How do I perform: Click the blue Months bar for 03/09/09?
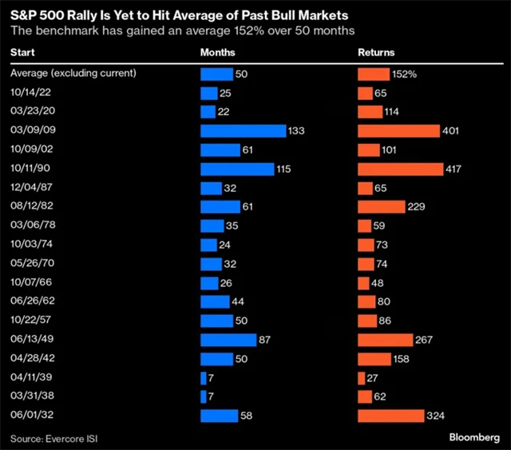243,131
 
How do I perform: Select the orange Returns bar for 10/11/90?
400,169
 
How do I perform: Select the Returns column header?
377,53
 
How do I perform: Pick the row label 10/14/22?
29,94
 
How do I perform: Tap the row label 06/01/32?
29,416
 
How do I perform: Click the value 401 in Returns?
451,131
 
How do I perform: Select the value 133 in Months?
297,131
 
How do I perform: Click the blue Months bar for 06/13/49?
228,340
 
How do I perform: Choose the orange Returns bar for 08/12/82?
382,207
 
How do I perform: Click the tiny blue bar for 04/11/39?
203,377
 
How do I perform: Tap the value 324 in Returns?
435,416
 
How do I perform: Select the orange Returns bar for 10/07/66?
363,283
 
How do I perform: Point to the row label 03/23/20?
29,112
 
